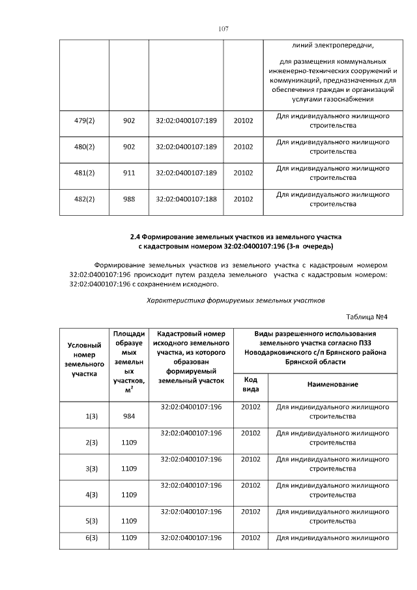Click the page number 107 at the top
(x=223, y=29)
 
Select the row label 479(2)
(x=85, y=121)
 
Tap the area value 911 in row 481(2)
(x=129, y=173)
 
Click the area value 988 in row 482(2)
(x=129, y=199)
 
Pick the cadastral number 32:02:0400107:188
(x=186, y=199)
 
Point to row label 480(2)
(x=85, y=147)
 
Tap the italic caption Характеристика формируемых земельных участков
(x=235, y=301)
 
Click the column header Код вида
(x=250, y=384)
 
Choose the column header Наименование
(x=332, y=385)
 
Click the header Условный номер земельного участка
(x=84, y=359)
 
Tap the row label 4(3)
(x=91, y=494)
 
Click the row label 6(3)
(x=91, y=537)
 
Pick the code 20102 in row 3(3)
(x=251, y=459)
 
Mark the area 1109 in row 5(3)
(x=129, y=520)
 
